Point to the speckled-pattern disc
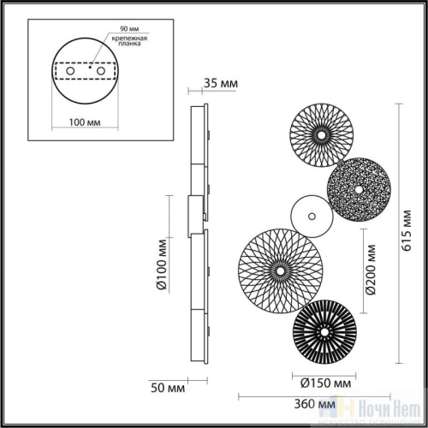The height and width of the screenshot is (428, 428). [358, 187]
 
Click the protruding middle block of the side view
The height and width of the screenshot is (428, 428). [195, 216]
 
